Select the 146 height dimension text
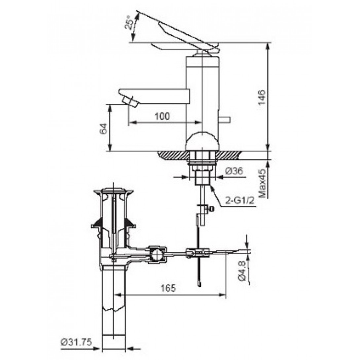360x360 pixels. [x=262, y=97]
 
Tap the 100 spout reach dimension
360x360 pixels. [x=162, y=116]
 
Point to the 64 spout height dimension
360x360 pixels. [x=104, y=129]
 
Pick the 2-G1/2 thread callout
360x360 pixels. [x=240, y=201]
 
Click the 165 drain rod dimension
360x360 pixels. [x=168, y=288]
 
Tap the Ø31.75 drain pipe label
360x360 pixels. [x=76, y=342]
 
